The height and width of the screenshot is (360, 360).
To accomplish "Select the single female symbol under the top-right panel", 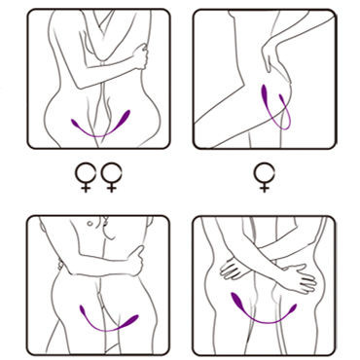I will (x=263, y=177).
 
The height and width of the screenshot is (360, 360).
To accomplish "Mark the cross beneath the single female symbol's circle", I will (x=263, y=187).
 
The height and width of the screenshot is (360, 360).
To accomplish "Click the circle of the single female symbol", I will (x=263, y=171).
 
